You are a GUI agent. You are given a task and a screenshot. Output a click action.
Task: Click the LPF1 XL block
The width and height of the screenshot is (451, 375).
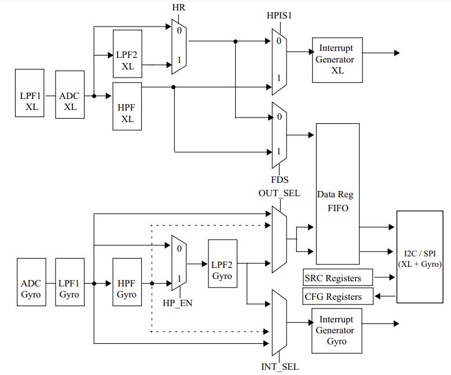pyautogui.click(x=30, y=93)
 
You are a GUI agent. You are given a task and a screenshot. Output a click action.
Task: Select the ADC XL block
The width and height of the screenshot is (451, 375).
pyautogui.click(x=70, y=94)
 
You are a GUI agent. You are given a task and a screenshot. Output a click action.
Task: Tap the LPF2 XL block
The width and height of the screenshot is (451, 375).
pyautogui.click(x=127, y=54)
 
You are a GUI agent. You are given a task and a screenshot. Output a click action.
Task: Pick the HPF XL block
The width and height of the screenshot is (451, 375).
pyautogui.click(x=127, y=106)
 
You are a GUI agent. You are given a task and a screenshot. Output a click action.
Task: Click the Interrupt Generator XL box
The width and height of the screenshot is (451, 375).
pyautogui.click(x=338, y=60)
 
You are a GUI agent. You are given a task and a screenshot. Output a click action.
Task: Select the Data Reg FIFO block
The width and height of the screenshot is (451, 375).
pyautogui.click(x=338, y=194)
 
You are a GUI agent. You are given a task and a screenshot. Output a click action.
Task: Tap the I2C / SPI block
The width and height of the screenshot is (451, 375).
pyautogui.click(x=420, y=257)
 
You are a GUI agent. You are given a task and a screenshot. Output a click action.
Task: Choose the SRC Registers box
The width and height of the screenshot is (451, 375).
pyautogui.click(x=338, y=277)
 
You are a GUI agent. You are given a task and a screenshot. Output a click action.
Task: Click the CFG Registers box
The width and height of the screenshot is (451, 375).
pyautogui.click(x=338, y=296)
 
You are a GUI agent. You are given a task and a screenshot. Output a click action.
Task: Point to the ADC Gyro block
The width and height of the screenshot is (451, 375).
pyautogui.click(x=31, y=282)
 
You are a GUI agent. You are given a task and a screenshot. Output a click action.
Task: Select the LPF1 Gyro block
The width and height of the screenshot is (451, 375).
pyautogui.click(x=70, y=282)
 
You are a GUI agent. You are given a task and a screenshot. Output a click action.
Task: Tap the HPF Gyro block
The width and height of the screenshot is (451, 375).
pyautogui.click(x=127, y=282)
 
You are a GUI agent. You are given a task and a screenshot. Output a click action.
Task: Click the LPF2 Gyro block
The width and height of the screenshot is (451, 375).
pyautogui.click(x=223, y=264)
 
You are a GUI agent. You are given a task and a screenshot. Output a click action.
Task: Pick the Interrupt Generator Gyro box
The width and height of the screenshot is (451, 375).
pyautogui.click(x=337, y=330)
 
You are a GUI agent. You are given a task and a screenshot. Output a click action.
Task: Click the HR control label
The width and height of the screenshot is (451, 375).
pyautogui.click(x=179, y=8)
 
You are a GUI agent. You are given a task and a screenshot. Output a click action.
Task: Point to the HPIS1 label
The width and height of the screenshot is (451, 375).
pyautogui.click(x=279, y=15)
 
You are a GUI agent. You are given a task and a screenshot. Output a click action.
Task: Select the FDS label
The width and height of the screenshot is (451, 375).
pyautogui.click(x=280, y=180)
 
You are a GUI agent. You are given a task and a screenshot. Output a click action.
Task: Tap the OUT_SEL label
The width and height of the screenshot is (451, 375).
pyautogui.click(x=279, y=193)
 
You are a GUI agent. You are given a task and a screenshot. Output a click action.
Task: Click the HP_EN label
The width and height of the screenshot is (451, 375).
pyautogui.click(x=178, y=303)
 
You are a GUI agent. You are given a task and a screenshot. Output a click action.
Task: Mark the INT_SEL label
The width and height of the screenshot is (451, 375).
pyautogui.click(x=280, y=367)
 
